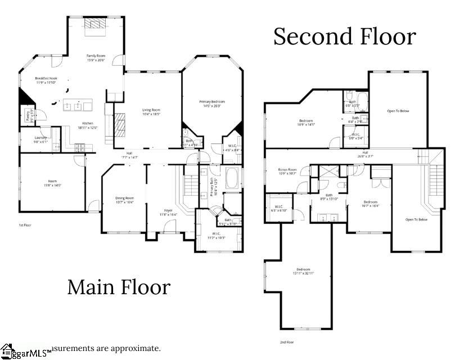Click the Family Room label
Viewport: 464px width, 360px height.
tap(96, 58)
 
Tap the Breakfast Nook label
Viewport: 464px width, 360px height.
tap(46, 80)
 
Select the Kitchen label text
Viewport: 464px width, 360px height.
tap(88, 125)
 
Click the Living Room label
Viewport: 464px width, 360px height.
tap(151, 112)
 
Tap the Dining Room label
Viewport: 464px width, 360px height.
tap(124, 200)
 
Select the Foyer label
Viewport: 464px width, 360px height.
tap(168, 212)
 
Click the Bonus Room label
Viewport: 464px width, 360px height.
tap(287, 171)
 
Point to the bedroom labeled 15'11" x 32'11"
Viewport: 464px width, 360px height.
tap(303, 271)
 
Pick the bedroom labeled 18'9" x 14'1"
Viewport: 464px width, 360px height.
tap(306, 123)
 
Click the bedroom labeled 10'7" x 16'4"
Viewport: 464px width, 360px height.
tap(370, 204)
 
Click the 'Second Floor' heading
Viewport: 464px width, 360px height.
tap(344, 37)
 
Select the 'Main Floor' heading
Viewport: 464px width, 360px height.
tap(119, 287)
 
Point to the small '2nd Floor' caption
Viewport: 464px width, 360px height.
tap(286, 342)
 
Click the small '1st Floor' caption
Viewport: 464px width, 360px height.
tap(25, 224)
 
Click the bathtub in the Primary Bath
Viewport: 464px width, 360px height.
tap(232, 177)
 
